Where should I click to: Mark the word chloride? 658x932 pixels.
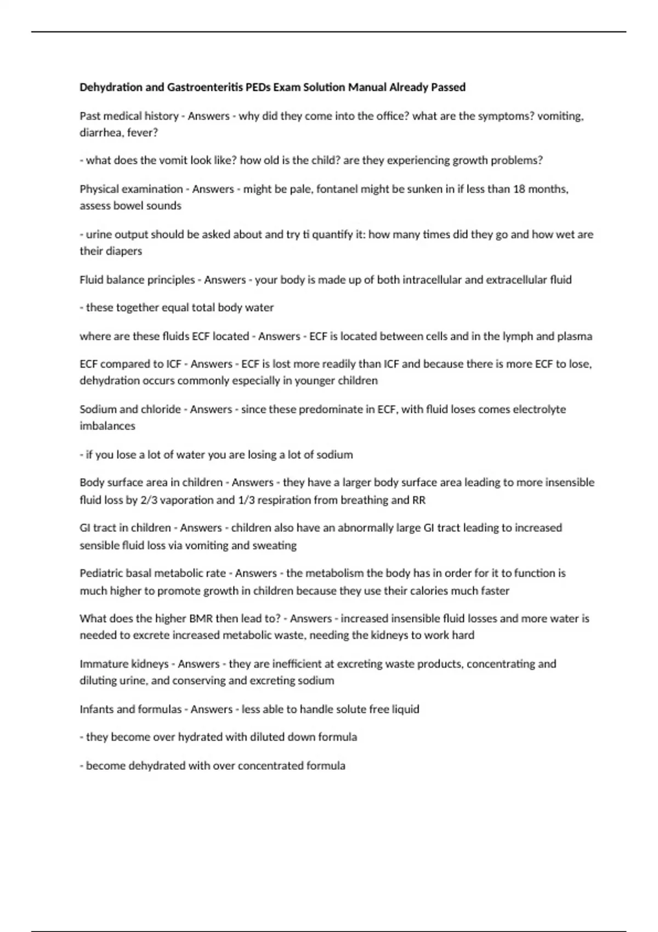pos(161,410)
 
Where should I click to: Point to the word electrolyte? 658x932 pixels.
pos(539,410)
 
